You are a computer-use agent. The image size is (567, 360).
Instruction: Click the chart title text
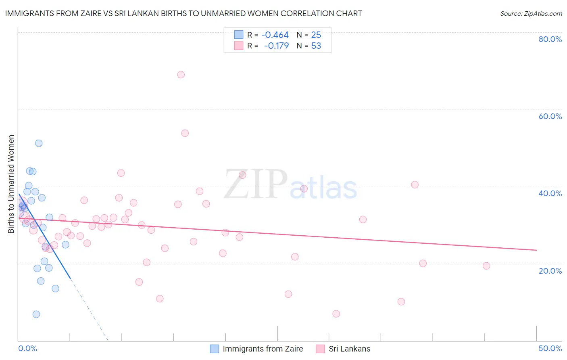click(x=183, y=13)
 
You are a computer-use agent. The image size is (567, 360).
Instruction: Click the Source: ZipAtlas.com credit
click(x=531, y=13)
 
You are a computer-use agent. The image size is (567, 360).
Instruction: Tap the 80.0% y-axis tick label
click(x=550, y=39)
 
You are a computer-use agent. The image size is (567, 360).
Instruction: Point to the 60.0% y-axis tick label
click(x=550, y=116)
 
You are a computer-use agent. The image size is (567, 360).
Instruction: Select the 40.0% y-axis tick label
click(x=550, y=193)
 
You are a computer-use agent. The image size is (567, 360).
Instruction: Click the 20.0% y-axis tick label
click(x=550, y=271)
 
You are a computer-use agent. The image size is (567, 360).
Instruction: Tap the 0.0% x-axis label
click(x=28, y=348)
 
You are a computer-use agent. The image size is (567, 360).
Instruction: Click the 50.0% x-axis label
click(x=550, y=348)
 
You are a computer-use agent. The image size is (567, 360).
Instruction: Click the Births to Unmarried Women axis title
click(x=11, y=184)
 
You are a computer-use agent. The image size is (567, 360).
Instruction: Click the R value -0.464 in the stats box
click(x=275, y=35)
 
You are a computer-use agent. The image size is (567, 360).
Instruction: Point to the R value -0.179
click(x=276, y=46)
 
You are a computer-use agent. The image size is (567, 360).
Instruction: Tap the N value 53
click(x=316, y=46)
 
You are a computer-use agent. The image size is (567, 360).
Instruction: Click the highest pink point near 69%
click(x=181, y=75)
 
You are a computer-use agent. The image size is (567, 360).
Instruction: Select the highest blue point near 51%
click(x=39, y=143)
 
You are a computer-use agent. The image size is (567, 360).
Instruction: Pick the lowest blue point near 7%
click(x=36, y=314)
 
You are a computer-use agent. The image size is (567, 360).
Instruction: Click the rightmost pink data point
click(x=486, y=266)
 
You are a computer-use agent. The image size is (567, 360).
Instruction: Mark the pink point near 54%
click(x=185, y=133)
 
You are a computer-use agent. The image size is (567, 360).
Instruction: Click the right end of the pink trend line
click(x=536, y=250)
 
